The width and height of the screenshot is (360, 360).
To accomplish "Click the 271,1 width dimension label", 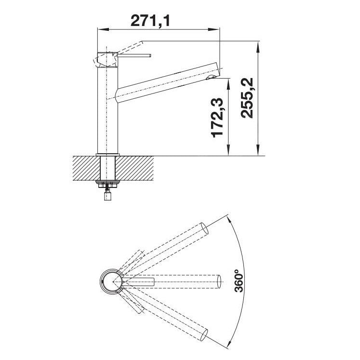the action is pyautogui.click(x=150, y=21).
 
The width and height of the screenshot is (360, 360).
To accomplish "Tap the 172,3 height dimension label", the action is pyautogui.click(x=217, y=117).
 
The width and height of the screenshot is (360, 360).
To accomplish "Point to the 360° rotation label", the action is pyautogui.click(x=239, y=281).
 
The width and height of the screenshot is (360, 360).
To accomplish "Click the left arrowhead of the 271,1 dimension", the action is pyautogui.click(x=103, y=29).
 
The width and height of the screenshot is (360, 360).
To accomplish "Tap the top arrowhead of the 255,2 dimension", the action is pyautogui.click(x=258, y=47).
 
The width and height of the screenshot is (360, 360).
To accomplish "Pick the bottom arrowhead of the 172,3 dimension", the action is pyautogui.click(x=228, y=150).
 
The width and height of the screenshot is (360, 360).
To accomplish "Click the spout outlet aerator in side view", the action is pyautogui.click(x=211, y=78).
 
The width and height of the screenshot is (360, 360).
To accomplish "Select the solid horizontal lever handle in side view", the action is pyautogui.click(x=134, y=55).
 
